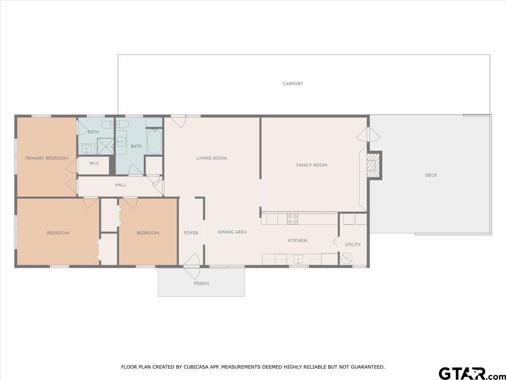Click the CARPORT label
[293, 84]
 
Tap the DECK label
[431, 175]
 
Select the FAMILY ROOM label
[312, 165]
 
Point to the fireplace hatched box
[372, 165]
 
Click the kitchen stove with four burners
[293, 219]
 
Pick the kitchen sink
[298, 260]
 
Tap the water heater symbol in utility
[347, 258]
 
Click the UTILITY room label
[353, 244]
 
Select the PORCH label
[201, 283]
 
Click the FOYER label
[191, 233]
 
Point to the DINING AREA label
[232, 232]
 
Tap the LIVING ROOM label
[212, 158]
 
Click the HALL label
[120, 185]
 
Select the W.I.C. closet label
[94, 163]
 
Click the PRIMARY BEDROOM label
[46, 158]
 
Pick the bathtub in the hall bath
[154, 141]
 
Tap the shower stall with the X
[105, 146]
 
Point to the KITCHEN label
[297, 241]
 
